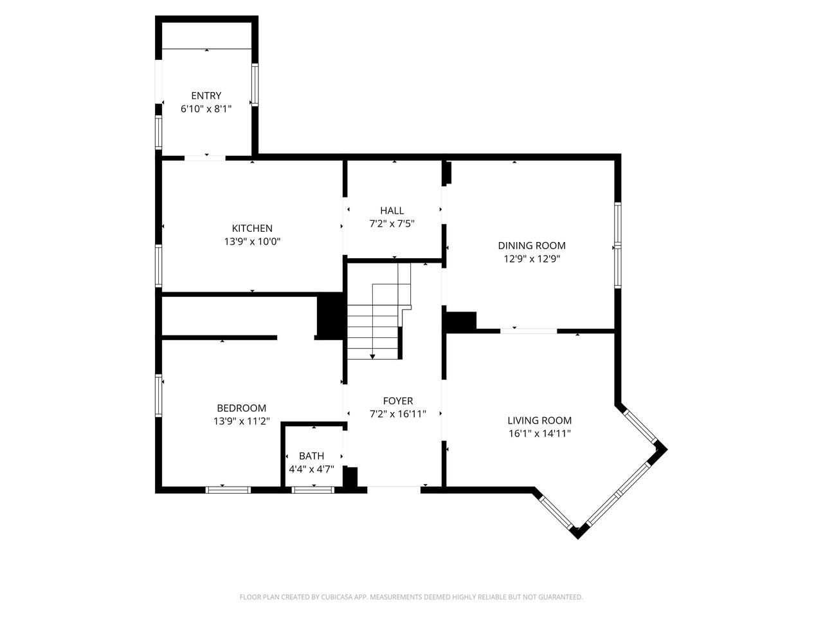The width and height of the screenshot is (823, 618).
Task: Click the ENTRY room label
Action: pyautogui.click(x=206, y=96)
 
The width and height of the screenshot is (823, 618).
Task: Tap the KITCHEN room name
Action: pyautogui.click(x=252, y=228)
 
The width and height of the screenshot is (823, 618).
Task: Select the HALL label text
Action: pyautogui.click(x=392, y=211)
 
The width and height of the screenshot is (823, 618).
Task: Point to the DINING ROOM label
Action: pyautogui.click(x=531, y=245)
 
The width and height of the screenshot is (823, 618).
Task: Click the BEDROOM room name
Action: pyautogui.click(x=242, y=408)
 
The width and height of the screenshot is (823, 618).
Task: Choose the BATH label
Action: pyautogui.click(x=311, y=456)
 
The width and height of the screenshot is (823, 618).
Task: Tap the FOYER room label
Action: pyautogui.click(x=398, y=401)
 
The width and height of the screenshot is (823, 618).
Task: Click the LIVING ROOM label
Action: pyautogui.click(x=539, y=420)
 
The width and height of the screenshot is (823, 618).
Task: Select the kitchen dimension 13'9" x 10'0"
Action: pyautogui.click(x=252, y=241)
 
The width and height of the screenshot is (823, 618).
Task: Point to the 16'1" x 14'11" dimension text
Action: pyautogui.click(x=539, y=433)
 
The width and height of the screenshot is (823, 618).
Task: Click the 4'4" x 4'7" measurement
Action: pyautogui.click(x=311, y=469)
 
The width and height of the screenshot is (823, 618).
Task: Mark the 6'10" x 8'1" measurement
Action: pyautogui.click(x=206, y=109)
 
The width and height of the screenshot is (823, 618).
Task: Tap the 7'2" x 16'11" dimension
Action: pyautogui.click(x=398, y=414)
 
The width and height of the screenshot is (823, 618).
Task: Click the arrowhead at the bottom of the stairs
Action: pyautogui.click(x=372, y=357)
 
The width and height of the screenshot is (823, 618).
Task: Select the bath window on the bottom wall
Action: pyautogui.click(x=312, y=490)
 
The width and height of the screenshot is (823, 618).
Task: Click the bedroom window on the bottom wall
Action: pyautogui.click(x=228, y=490)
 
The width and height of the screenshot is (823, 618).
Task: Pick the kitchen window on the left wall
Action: pyautogui.click(x=159, y=266)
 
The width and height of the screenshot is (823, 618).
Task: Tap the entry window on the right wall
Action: pyautogui.click(x=255, y=85)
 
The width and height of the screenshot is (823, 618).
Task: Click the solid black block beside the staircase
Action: pyautogui.click(x=330, y=316)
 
